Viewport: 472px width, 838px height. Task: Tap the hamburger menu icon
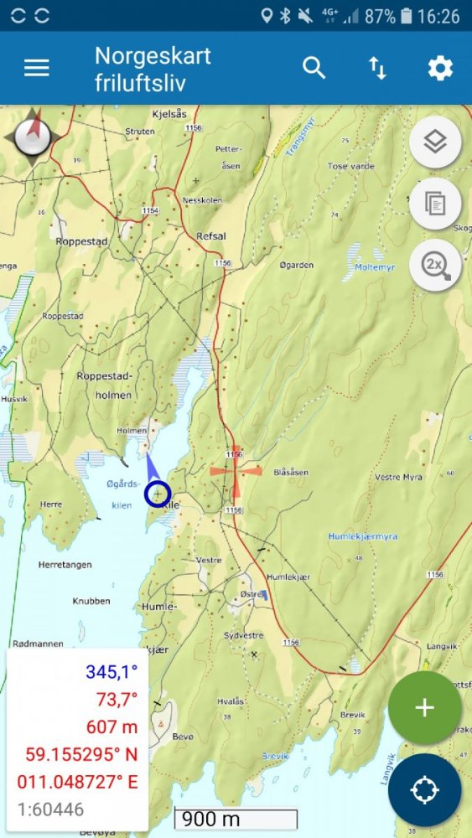click(x=37, y=68)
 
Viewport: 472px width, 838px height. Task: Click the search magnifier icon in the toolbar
click(x=314, y=68)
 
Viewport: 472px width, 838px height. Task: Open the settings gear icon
click(x=440, y=68)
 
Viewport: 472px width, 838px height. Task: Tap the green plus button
click(x=424, y=708)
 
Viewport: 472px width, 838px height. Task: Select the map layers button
click(x=434, y=142)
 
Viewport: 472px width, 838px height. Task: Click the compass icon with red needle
click(x=33, y=134)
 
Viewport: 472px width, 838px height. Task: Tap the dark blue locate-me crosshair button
click(x=424, y=789)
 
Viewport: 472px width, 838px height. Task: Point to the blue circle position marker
click(x=158, y=495)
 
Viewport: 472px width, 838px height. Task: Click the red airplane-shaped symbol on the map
click(x=236, y=471)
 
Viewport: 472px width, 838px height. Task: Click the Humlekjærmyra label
click(x=362, y=536)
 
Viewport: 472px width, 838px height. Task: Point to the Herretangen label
click(x=65, y=565)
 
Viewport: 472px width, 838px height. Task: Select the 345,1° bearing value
click(x=111, y=671)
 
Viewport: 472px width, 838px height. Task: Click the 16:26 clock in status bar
click(x=438, y=16)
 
